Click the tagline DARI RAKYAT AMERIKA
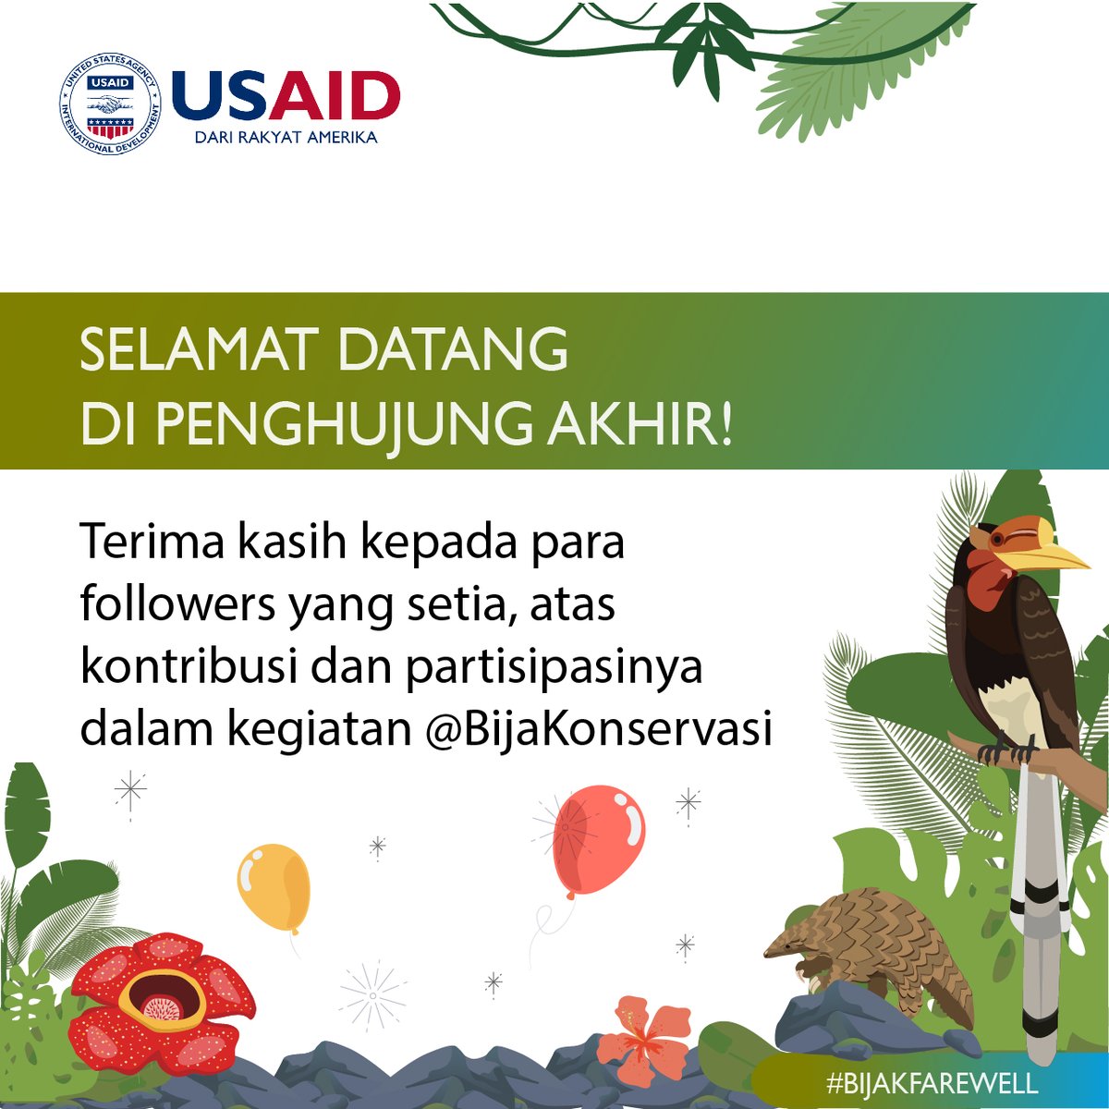[x=286, y=138]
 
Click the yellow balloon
[x=273, y=887]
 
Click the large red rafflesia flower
[x=162, y=998]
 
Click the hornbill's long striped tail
[x=1037, y=906]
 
